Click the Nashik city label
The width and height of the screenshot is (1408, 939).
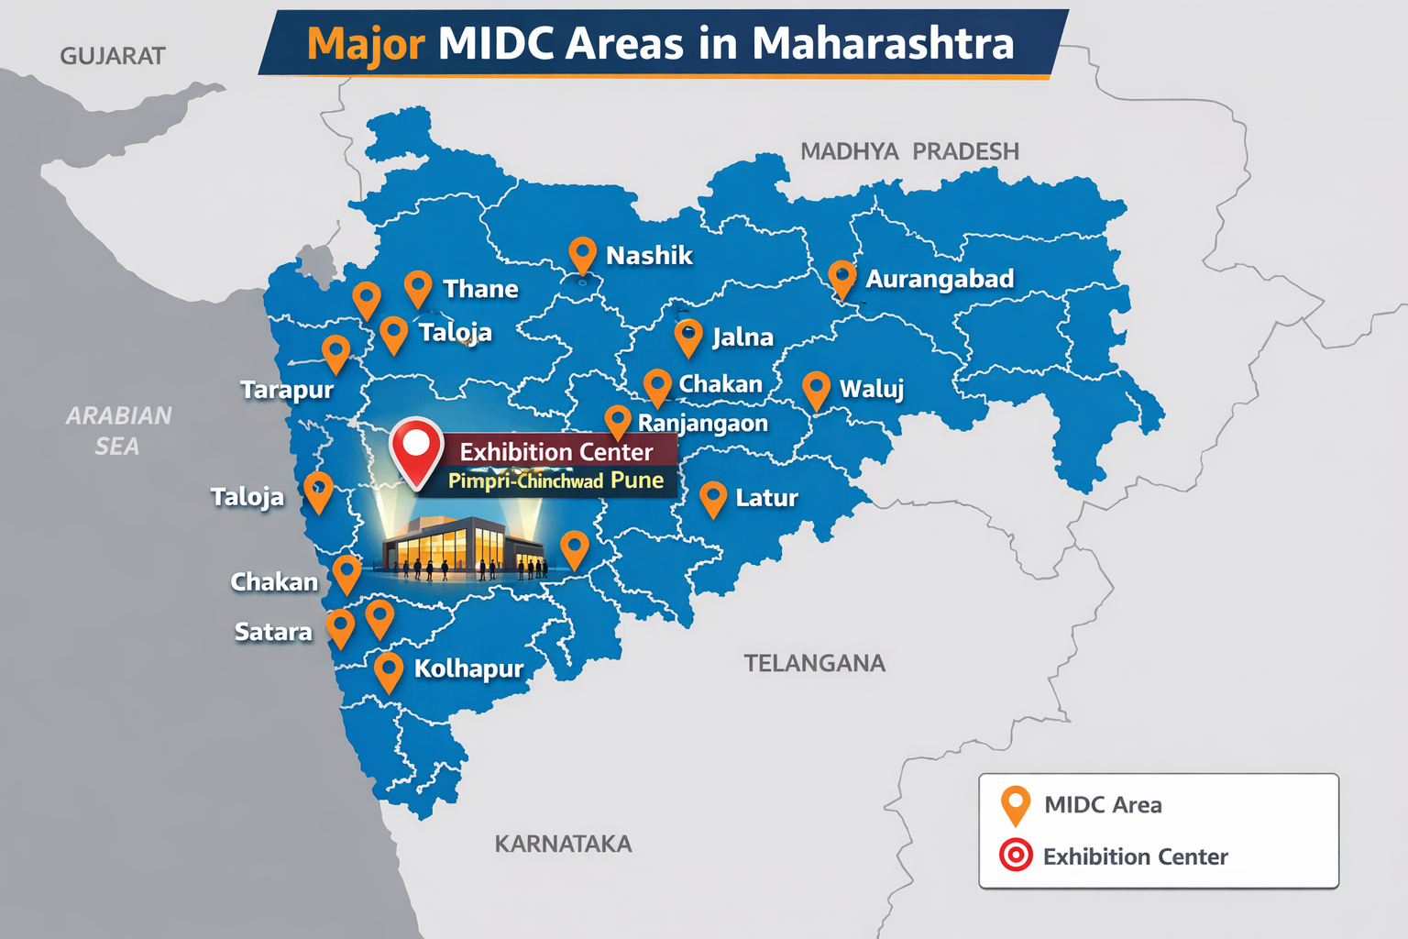(649, 255)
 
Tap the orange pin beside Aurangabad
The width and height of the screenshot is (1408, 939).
(841, 278)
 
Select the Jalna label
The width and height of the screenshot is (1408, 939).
(742, 337)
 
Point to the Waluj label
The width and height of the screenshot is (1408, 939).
(872, 389)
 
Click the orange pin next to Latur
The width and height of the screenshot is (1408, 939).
(713, 499)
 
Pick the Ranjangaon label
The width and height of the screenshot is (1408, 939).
(703, 423)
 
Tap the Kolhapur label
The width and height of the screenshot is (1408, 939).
(468, 668)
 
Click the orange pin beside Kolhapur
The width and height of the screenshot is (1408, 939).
(389, 671)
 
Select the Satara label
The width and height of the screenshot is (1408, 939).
(273, 632)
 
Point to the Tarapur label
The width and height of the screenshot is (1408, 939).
(287, 390)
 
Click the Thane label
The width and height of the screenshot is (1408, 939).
(480, 289)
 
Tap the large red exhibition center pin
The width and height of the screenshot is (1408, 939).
(416, 449)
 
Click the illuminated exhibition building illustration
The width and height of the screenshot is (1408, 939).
(463, 547)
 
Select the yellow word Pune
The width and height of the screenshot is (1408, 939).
(637, 481)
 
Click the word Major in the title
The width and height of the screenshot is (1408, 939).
(366, 43)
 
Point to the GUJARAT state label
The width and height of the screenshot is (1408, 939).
(113, 56)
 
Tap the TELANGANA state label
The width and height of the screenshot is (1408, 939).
(814, 663)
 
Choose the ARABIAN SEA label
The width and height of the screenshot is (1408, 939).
(118, 431)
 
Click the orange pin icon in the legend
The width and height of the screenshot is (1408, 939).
(1016, 804)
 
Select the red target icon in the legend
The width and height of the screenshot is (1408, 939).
(1016, 856)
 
